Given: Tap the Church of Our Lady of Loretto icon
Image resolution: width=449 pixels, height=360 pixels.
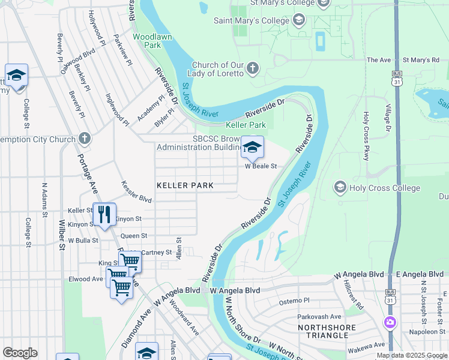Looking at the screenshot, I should point(252,68).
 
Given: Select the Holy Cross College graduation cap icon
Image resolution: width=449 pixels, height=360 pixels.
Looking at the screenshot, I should point(341,188).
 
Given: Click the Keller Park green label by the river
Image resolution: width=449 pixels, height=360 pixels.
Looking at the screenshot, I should point(245,125).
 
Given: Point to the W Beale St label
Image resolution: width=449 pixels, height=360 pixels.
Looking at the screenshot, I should point(260,166).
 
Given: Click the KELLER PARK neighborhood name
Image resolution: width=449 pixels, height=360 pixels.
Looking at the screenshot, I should point(185,186).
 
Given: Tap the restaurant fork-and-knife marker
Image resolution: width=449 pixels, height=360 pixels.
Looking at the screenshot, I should point(104,214).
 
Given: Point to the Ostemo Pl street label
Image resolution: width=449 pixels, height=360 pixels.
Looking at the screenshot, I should point(294,300).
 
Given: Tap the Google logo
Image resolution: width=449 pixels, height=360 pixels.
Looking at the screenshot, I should point(20,353).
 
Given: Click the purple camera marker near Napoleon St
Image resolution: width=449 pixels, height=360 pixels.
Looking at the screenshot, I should point(391,322).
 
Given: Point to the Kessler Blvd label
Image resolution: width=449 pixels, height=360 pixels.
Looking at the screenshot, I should point(136,191).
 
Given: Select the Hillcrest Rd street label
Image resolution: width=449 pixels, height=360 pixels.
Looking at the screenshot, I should point(353,295).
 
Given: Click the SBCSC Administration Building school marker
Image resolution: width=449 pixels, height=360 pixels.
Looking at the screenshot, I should point(252,146).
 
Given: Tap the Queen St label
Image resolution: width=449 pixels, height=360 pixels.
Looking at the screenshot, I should point(134,236).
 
